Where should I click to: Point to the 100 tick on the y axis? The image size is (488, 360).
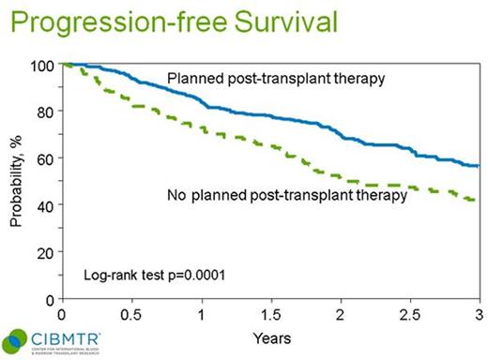coord(44,66)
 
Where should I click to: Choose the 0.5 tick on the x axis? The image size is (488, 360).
coord(131,312)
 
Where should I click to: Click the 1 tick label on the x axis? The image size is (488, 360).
coord(202,312)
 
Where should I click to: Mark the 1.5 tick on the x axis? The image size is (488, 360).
coord(271,312)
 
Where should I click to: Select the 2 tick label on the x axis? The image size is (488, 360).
coord(341,312)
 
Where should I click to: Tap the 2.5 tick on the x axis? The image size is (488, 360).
coord(410,312)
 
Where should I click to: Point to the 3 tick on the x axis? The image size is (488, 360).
coord(480,312)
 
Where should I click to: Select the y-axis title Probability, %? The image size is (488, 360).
coord(15,181)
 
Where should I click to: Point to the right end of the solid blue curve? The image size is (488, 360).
coord(480,166)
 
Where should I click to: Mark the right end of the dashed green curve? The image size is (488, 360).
coord(480,201)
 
